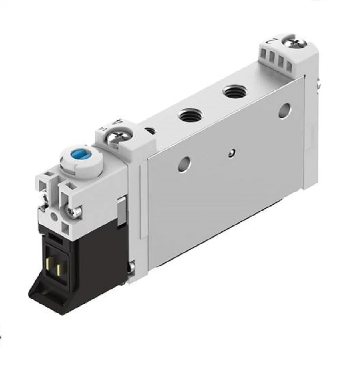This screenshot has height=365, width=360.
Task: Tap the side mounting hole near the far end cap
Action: [284, 109]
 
